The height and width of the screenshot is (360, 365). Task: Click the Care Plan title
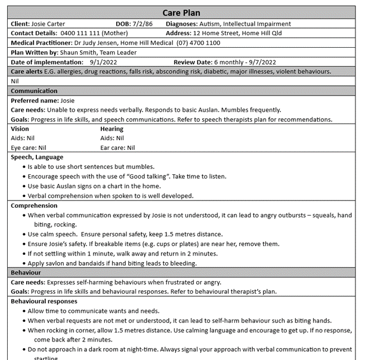click(x=181, y=13)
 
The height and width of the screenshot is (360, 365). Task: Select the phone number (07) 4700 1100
click(x=195, y=43)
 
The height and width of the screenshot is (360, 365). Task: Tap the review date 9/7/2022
click(x=260, y=62)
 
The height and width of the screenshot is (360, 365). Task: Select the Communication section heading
click(x=34, y=91)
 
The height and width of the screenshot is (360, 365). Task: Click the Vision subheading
click(x=20, y=128)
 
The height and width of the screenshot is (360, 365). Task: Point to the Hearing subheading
click(x=112, y=128)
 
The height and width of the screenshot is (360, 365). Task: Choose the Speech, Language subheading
click(x=37, y=157)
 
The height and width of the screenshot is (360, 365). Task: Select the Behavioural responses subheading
click(x=44, y=301)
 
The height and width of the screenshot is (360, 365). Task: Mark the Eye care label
click(x=24, y=147)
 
